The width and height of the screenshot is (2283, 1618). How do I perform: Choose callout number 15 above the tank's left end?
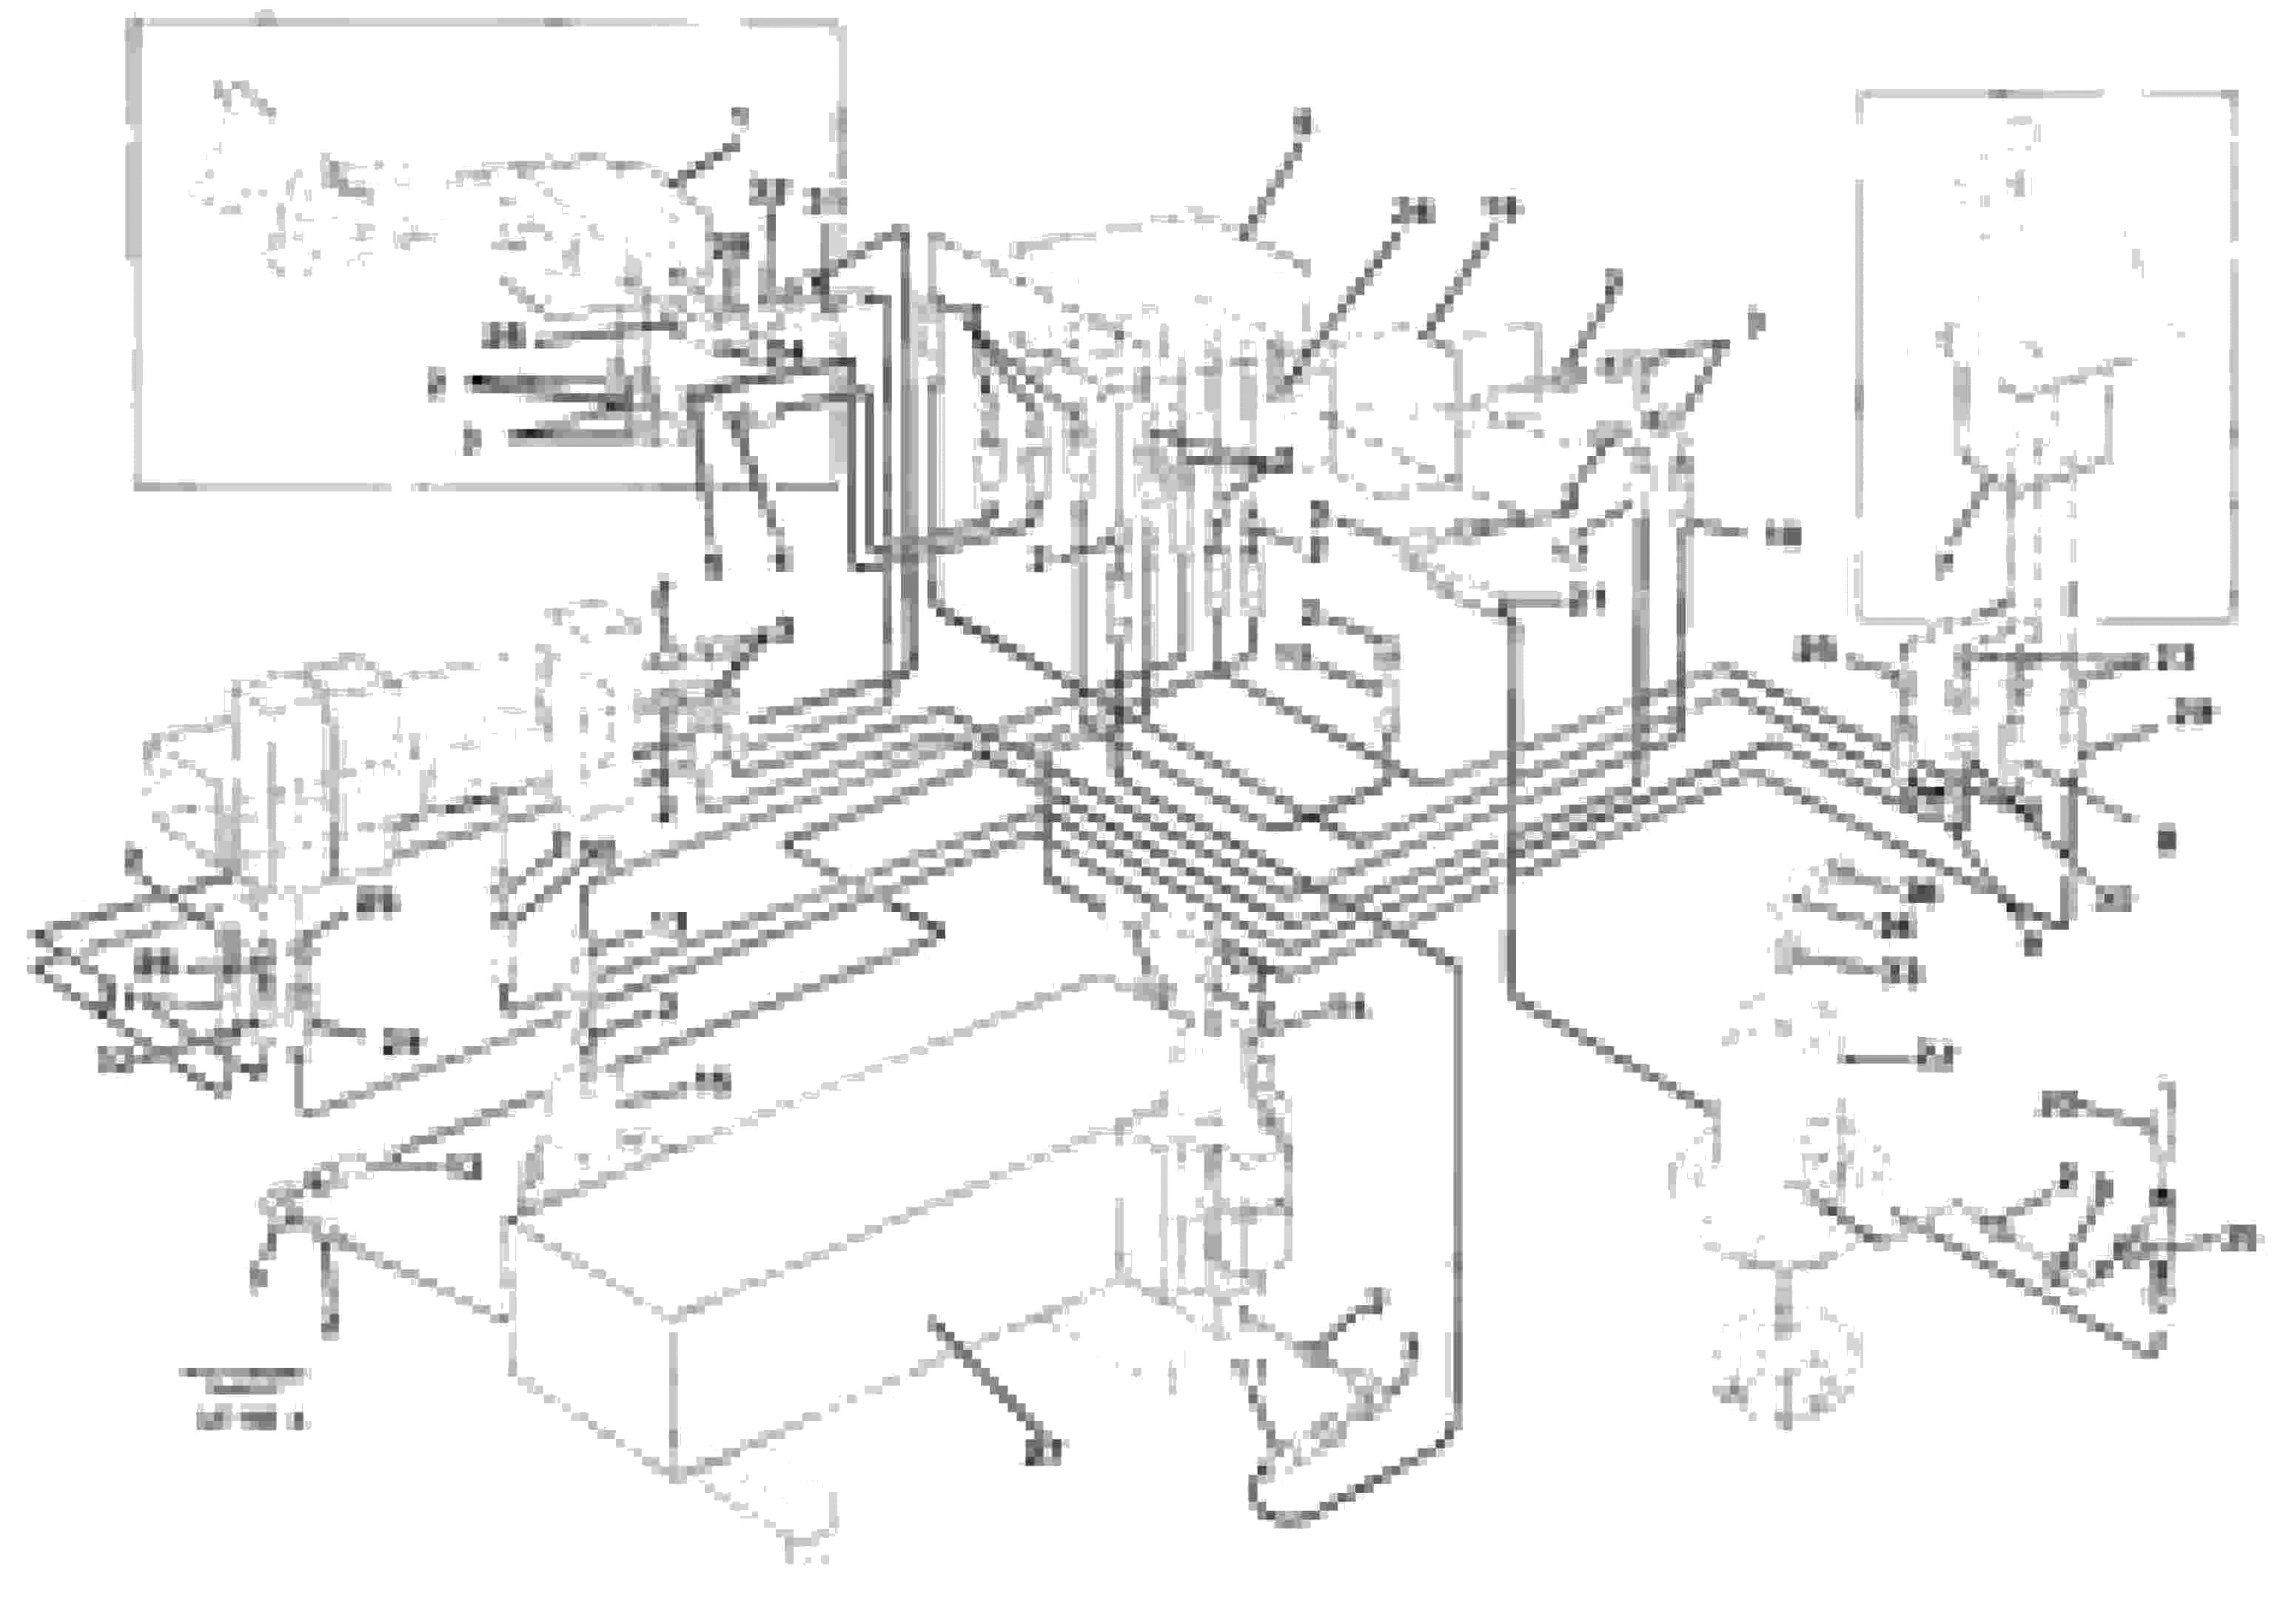click(714, 1084)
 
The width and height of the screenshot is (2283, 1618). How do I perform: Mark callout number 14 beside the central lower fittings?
click(1354, 1010)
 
